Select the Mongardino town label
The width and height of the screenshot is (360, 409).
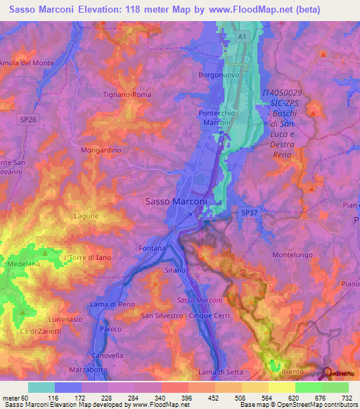pos(101,150)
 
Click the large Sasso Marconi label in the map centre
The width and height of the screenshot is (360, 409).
pos(176,201)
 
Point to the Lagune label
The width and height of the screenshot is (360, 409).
pos(85,216)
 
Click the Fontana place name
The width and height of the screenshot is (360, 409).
pos(153,248)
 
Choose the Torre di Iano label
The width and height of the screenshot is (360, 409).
pos(87,258)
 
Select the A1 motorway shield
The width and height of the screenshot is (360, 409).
pos(242,35)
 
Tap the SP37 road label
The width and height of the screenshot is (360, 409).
pos(250,212)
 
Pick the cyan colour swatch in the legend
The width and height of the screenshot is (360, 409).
pos(41,387)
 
